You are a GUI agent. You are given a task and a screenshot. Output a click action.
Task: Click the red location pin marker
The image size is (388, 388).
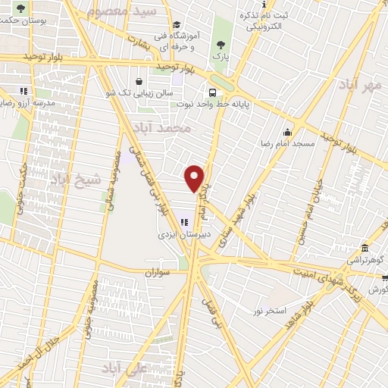coord(196,178)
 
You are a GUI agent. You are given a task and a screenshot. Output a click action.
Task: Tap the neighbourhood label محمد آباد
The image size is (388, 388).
coord(160,128)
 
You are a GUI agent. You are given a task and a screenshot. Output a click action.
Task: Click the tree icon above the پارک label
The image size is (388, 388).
coord(220,44)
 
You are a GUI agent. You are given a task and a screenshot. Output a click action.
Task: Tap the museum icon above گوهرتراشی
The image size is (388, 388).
coord(365,248)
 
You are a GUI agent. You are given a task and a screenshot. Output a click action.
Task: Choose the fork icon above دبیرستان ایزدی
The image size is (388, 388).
coord(184,222)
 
